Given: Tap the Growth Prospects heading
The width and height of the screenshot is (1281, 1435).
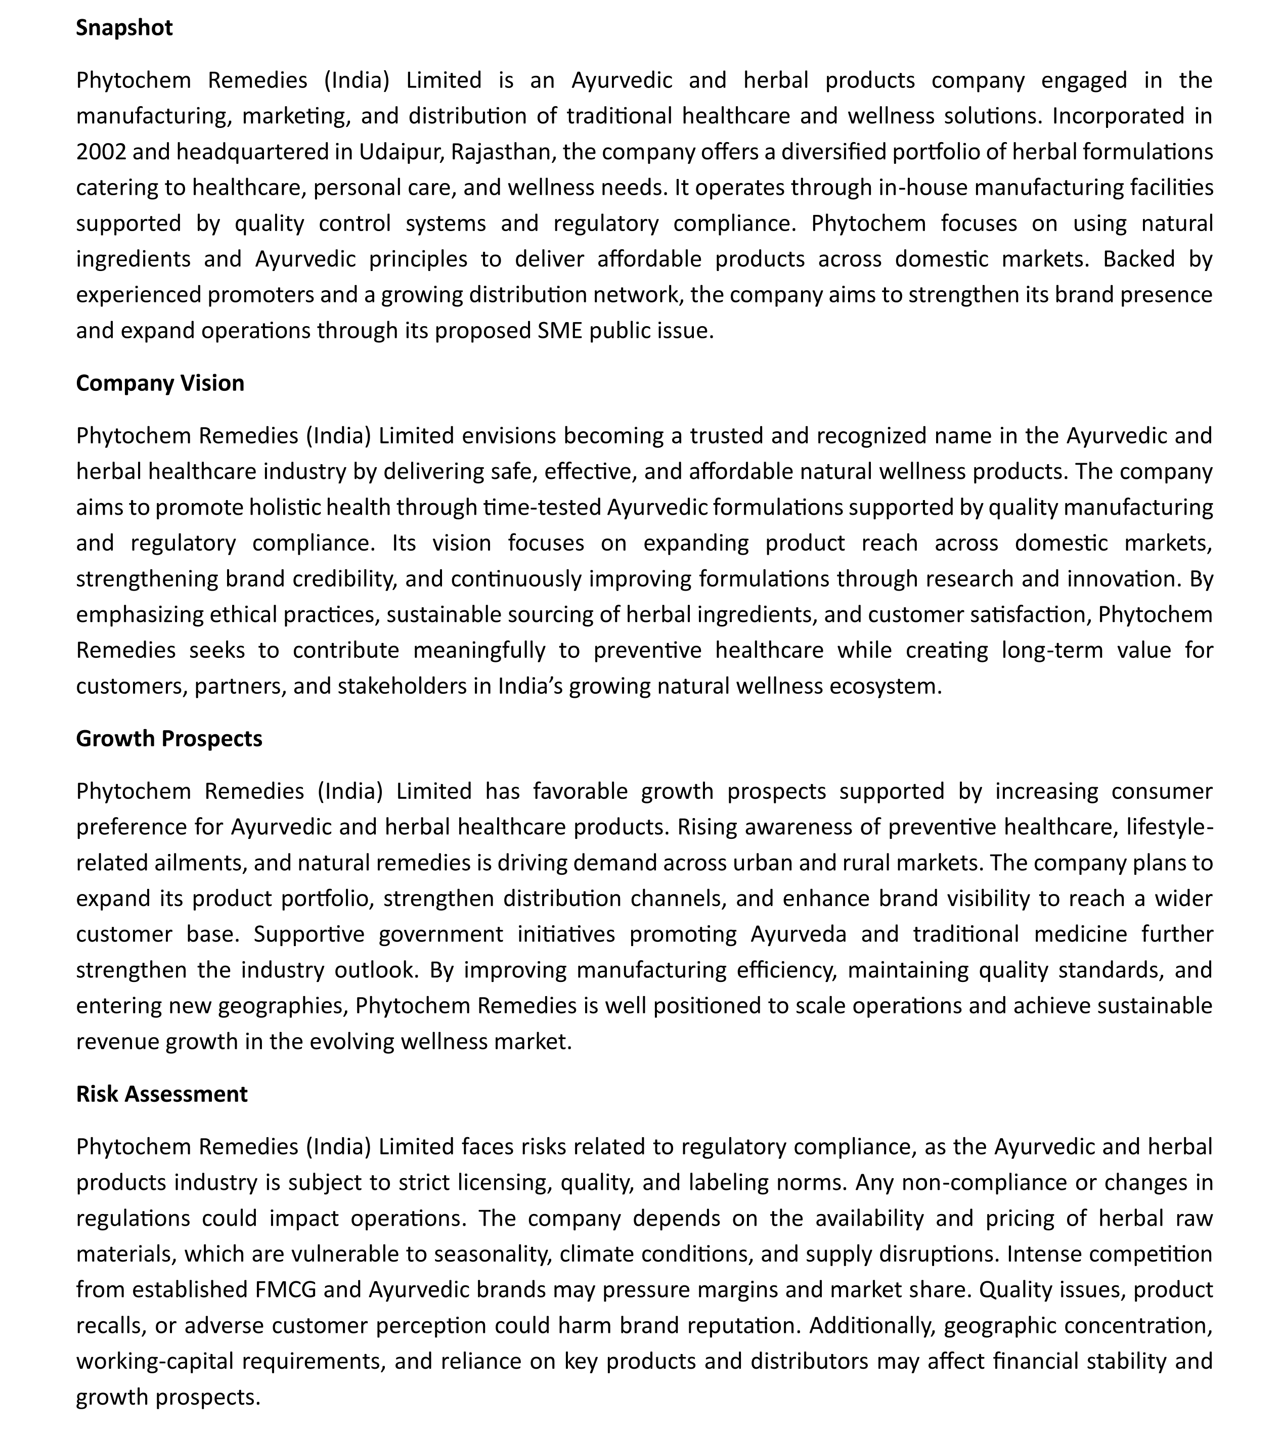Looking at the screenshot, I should coord(169,739).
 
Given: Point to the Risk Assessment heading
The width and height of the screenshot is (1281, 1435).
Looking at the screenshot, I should coord(162,1094).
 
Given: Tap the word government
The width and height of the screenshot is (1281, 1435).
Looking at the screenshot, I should coord(440,934).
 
